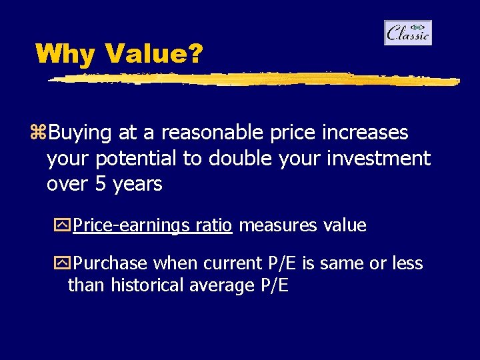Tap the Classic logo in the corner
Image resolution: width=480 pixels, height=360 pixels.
point(408,33)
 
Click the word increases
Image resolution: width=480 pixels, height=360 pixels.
point(365,133)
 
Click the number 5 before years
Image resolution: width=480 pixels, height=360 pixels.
point(101,184)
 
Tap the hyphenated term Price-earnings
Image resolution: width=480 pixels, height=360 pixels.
point(131,226)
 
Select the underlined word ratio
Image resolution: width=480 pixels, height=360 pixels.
point(214,225)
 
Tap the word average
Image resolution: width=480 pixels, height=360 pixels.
point(220,286)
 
